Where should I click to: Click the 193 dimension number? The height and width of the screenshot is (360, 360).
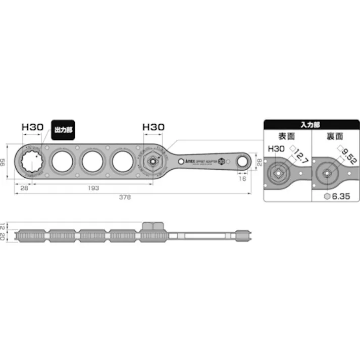tap(92, 188)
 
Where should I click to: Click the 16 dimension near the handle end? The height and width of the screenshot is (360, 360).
tap(243, 179)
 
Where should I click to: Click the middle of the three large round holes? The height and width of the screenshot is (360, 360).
tap(93, 162)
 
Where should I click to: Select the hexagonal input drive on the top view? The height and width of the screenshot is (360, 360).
tap(151, 161)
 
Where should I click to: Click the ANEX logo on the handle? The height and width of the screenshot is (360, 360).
tap(185, 161)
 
